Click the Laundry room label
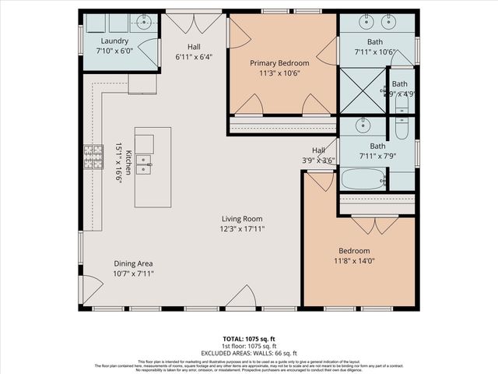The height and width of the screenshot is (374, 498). click(115, 41)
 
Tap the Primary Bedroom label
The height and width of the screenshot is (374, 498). click(279, 62)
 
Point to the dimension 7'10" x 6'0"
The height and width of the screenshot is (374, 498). click(115, 51)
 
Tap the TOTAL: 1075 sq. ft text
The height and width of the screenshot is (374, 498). click(248, 339)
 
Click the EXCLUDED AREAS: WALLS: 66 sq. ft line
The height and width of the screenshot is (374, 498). click(248, 353)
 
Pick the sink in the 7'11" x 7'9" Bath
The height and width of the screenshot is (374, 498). click(362, 125)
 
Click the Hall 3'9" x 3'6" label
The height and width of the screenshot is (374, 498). click(319, 155)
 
